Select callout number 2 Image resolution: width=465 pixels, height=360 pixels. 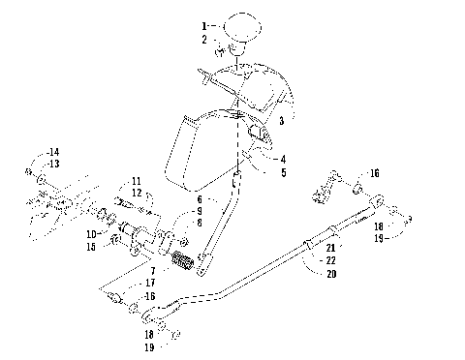(x=204, y=40)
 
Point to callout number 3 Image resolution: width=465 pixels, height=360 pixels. (x=280, y=121)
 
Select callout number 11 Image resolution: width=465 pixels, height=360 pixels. (x=137, y=181)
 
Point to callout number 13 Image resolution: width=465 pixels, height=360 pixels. (x=54, y=165)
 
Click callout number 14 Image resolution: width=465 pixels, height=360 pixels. (x=54, y=153)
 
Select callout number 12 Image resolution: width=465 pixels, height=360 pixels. (x=137, y=193)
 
